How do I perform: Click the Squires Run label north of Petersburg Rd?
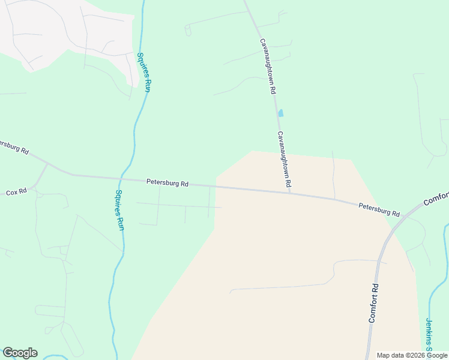coord(143,73)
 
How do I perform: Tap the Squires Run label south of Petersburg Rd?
coord(119,210)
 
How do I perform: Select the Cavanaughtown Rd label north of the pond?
coord(267,66)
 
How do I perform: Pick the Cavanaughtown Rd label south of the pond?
coord(284,158)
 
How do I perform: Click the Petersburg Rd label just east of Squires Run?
coord(167,183)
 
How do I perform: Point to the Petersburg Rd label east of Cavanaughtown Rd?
coord(379,209)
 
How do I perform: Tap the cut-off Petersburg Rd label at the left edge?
coord(13,147)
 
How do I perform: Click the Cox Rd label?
coord(16,192)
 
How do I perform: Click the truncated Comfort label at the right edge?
coord(436,199)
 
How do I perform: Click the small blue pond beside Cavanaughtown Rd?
coord(280,113)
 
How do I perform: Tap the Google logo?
coord(20,353)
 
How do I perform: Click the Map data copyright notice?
coord(412,355)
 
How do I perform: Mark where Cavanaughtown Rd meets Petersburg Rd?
coord(289,192)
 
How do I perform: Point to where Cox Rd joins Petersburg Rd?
coord(48,164)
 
